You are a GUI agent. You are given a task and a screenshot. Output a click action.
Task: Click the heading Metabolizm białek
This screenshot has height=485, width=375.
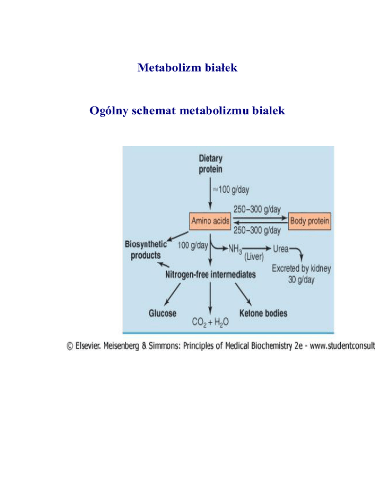187,67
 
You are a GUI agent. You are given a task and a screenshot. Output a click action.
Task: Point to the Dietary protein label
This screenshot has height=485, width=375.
210,163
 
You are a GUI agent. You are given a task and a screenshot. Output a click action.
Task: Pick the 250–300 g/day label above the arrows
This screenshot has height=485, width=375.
257,209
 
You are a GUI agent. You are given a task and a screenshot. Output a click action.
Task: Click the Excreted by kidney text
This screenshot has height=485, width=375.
301,268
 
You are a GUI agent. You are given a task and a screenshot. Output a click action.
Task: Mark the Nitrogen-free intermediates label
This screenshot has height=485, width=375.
210,275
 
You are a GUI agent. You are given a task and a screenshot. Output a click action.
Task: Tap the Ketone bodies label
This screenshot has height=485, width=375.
263,313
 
